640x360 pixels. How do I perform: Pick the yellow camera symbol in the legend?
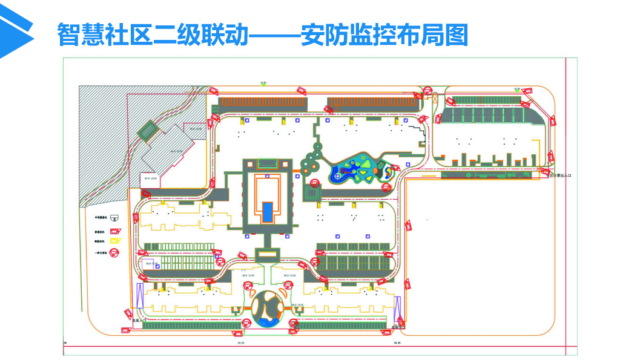pyautogui.click(x=114, y=241)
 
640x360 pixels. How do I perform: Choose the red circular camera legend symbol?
pyautogui.click(x=114, y=253)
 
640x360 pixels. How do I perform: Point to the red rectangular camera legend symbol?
pyautogui.click(x=114, y=231)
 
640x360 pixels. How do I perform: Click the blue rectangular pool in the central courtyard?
pyautogui.click(x=267, y=211)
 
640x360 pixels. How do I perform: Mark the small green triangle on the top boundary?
pyautogui.click(x=263, y=84)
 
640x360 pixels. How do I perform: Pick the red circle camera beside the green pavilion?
pyautogui.click(x=314, y=182)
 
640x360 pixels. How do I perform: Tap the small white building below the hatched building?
pyautogui.click(x=149, y=180)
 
